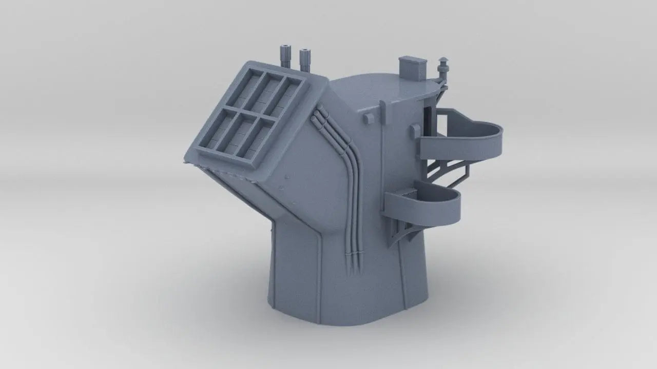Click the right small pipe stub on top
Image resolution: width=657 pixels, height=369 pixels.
coord(305,58)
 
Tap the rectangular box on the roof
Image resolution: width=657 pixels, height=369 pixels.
coord(413,68)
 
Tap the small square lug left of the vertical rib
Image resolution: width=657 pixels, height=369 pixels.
coord(369,118)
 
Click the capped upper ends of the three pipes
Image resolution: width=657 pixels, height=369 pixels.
coord(317,115)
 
